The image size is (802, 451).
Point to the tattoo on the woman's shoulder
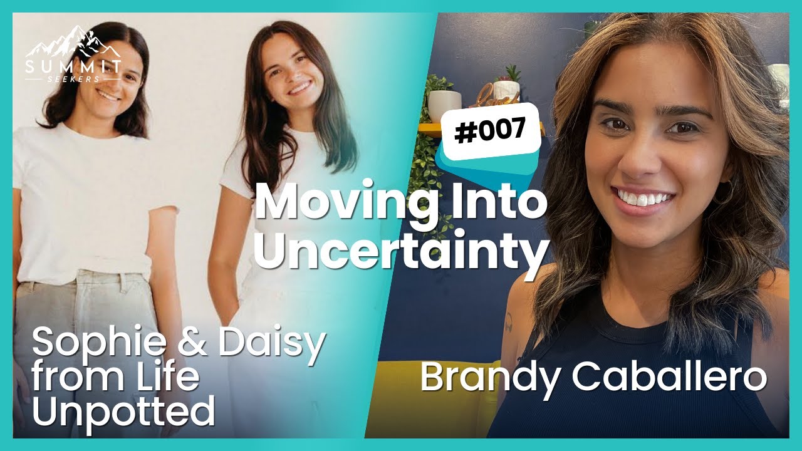509,323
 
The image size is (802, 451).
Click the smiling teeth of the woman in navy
643,199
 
